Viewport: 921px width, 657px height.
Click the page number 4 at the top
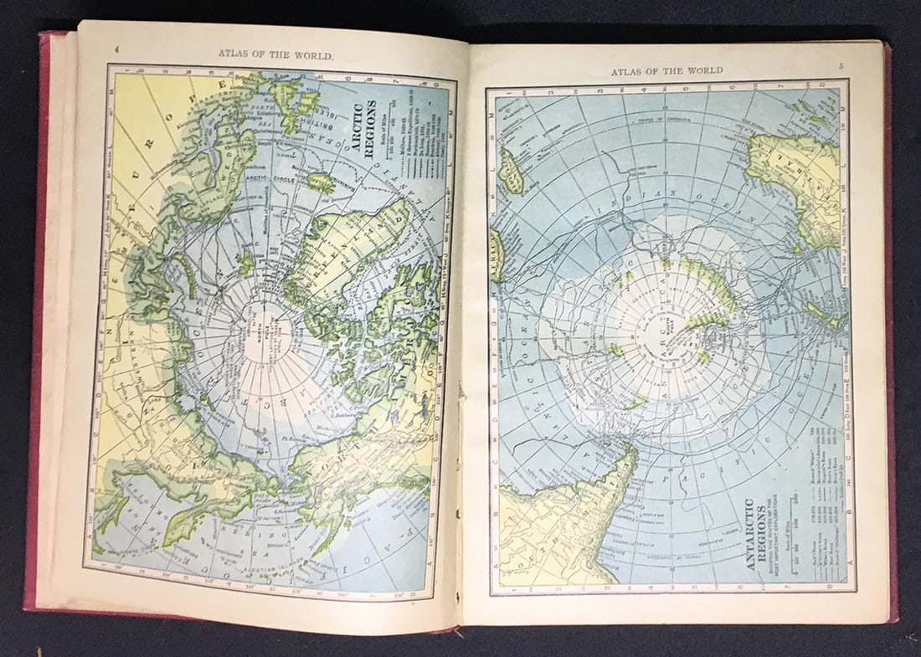(116, 49)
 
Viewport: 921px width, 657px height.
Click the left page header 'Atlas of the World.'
(275, 54)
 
